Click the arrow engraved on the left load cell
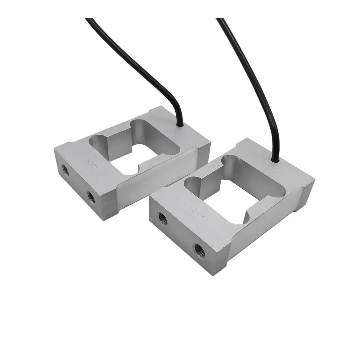pos(93,165)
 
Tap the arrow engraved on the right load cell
pos(197,212)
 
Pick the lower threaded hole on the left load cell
pos(91,197)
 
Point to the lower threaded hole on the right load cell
pos(199,250)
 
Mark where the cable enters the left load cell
pos(180,124)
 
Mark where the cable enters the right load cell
pos(275,159)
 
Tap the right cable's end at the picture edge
pos(220,19)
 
